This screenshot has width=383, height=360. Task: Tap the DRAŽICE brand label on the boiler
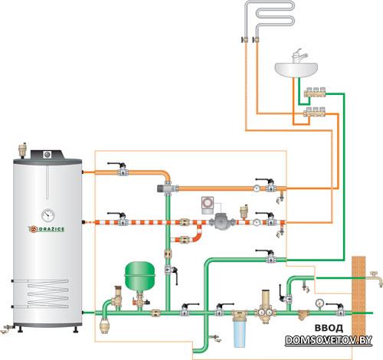46,229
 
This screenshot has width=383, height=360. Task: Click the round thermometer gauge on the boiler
48,215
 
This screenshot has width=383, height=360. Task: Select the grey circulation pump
221,221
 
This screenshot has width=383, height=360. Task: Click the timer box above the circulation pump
208,205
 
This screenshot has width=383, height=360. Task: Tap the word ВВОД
329,328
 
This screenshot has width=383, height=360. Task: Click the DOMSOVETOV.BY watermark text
329,340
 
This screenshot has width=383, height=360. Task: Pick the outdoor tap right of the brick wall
375,277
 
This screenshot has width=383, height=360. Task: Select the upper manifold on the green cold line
315,92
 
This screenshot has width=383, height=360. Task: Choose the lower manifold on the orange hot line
315,112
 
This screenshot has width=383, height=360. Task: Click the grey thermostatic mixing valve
167,188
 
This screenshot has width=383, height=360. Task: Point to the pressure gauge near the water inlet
319,303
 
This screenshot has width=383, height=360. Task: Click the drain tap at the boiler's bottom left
7,329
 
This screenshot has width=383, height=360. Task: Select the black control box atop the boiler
47,154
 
